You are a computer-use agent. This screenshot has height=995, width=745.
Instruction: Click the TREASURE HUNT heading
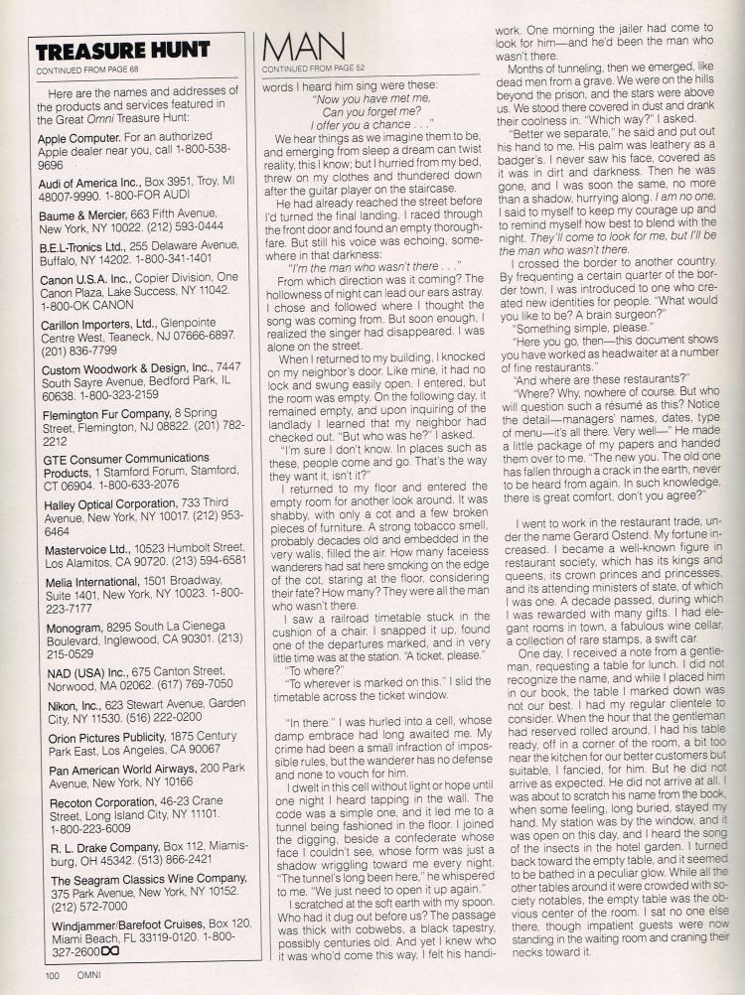pyautogui.click(x=122, y=51)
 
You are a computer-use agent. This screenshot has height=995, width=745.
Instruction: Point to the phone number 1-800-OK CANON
pyautogui.click(x=80, y=305)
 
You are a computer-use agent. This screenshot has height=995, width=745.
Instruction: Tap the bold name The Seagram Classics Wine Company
pyautogui.click(x=135, y=880)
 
